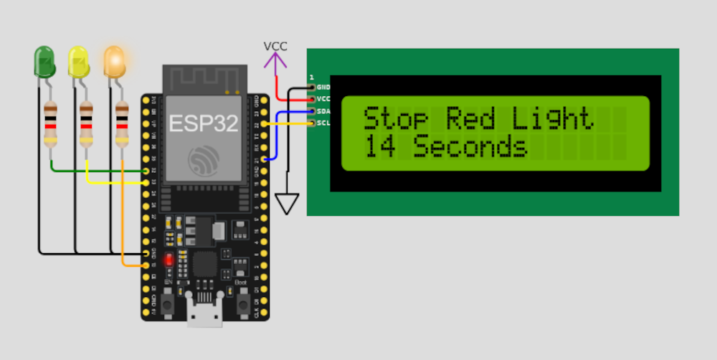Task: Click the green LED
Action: click(x=44, y=62)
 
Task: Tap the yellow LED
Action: click(x=78, y=62)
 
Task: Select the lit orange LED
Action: click(x=114, y=62)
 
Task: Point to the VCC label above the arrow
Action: click(x=275, y=47)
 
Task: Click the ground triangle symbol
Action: click(x=288, y=204)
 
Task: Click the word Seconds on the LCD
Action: click(x=470, y=147)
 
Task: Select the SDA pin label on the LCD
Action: click(x=323, y=111)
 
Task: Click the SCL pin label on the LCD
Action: click(x=323, y=123)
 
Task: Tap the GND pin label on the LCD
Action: click(x=323, y=87)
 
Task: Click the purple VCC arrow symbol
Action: click(x=275, y=61)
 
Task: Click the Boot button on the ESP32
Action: click(x=240, y=301)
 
